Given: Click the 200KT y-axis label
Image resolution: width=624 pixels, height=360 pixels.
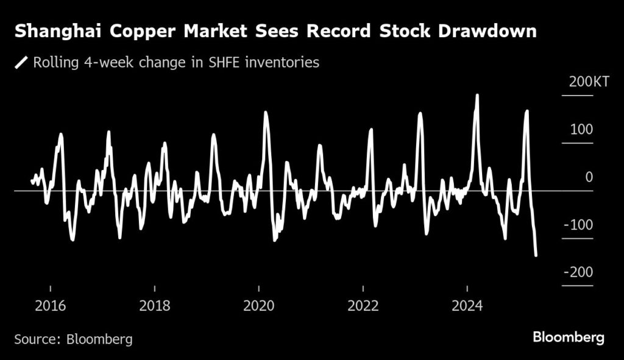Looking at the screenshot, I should [x=589, y=83].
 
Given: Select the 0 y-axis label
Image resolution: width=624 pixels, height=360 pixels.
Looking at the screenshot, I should [x=589, y=177].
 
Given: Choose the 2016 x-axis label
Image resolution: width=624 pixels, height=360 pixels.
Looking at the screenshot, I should [x=51, y=305].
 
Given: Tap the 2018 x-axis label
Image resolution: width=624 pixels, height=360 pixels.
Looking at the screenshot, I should [x=155, y=305].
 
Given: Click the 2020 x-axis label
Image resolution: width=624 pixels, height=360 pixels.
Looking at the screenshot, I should [x=259, y=305].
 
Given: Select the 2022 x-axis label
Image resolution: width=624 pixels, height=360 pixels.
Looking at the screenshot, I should [x=363, y=305].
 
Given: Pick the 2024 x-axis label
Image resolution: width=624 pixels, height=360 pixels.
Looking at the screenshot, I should [x=467, y=305].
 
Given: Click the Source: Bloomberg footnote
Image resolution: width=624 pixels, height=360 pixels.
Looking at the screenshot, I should [x=73, y=339].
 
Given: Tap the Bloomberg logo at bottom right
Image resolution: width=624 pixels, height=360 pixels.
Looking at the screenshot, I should [x=568, y=337].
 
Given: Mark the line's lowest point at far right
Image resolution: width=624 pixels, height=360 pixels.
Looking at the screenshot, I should [x=536, y=255].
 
